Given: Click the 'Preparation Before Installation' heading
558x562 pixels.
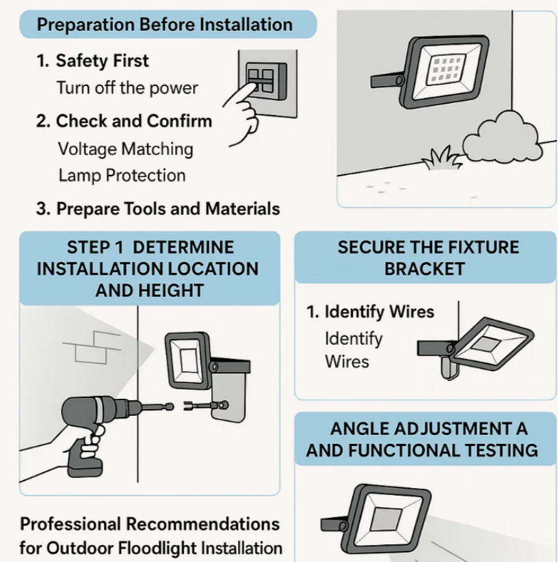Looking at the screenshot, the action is [x=165, y=25].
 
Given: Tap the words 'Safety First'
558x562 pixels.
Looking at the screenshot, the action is [x=102, y=61].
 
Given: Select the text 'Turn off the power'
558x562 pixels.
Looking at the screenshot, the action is [x=127, y=88].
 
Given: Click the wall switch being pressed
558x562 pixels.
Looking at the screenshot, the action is [x=266, y=81].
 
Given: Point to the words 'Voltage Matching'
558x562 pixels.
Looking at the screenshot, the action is [x=126, y=149].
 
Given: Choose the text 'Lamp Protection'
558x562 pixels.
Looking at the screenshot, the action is [x=122, y=175].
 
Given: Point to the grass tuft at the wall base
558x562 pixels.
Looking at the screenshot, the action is [x=441, y=158].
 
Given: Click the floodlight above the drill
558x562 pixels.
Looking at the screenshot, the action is [x=188, y=360].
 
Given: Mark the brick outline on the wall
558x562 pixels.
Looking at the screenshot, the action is [x=92, y=347].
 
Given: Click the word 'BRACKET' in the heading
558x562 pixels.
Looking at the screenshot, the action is [x=425, y=269].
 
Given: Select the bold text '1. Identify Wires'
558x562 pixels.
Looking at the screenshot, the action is [x=371, y=311].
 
